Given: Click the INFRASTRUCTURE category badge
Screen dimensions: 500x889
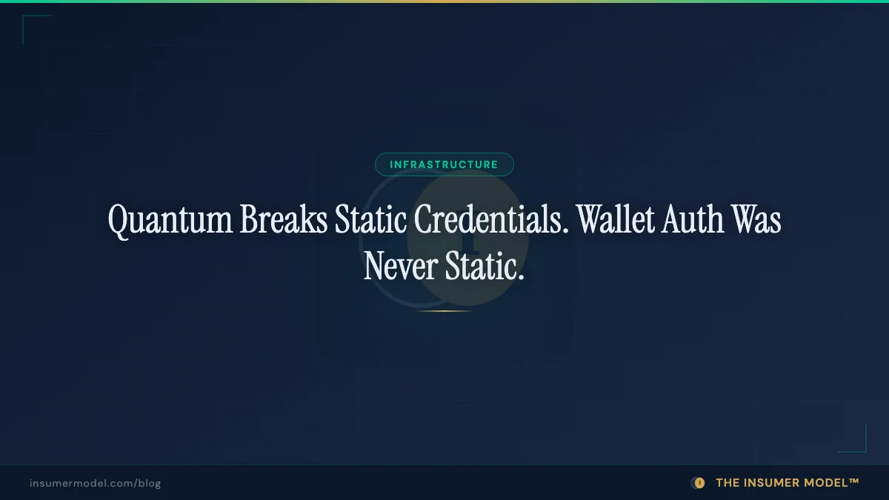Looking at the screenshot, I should pyautogui.click(x=444, y=164).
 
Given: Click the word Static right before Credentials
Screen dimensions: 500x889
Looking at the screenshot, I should pyautogui.click(x=372, y=219).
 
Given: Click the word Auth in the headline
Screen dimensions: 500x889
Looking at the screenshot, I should pyautogui.click(x=694, y=219).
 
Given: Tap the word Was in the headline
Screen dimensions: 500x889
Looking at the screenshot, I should pyautogui.click(x=756, y=219).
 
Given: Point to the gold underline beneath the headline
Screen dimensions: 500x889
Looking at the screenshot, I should pyautogui.click(x=444, y=311).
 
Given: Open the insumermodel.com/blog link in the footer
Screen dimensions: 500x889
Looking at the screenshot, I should pyautogui.click(x=96, y=483).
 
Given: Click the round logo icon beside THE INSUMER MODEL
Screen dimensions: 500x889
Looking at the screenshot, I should pyautogui.click(x=698, y=483).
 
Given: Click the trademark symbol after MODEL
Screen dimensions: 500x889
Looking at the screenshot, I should pyautogui.click(x=854, y=481).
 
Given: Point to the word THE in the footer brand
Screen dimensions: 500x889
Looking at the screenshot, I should pyautogui.click(x=727, y=483).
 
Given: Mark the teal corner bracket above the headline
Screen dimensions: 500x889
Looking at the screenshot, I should pyautogui.click(x=30, y=22).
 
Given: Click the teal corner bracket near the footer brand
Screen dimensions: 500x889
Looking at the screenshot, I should pyautogui.click(x=859, y=444).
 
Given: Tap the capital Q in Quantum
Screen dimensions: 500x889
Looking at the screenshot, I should pyautogui.click(x=119, y=219).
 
